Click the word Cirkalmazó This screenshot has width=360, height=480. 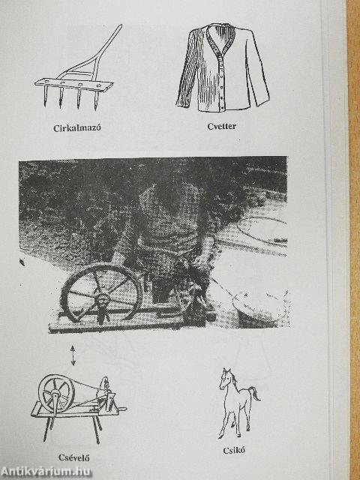76,128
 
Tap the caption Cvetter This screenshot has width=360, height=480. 222,126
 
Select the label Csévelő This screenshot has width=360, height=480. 73,457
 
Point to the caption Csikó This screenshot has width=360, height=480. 234,450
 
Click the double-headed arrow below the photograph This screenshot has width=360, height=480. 73,355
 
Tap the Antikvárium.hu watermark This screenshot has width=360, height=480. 46,472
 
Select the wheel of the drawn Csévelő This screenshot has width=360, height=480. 56,394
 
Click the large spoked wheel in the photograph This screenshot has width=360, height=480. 101,294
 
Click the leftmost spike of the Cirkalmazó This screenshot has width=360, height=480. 46,96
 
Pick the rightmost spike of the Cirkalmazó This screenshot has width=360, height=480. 96,100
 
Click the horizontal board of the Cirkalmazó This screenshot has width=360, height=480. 73,85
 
